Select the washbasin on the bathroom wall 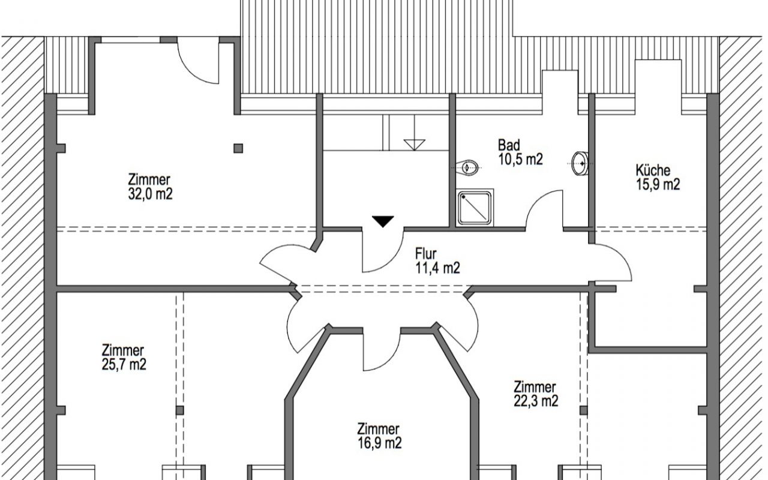coord(580,163)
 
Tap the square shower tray coord(475,208)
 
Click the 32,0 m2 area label coord(150,194)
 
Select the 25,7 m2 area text coord(124,364)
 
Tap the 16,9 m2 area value coord(379,443)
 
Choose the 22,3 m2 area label coord(536,400)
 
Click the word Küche coord(653,170)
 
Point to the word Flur coord(426,254)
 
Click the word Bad coord(509,145)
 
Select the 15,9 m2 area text coord(658,184)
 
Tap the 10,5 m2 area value coord(520,160)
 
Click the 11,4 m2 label coord(437,268)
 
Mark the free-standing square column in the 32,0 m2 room coord(238,148)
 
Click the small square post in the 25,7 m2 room coord(179,410)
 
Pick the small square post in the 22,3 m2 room coord(584,410)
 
